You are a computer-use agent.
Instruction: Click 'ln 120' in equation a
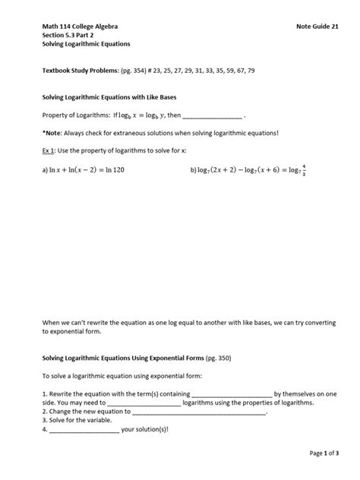(x=112, y=170)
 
